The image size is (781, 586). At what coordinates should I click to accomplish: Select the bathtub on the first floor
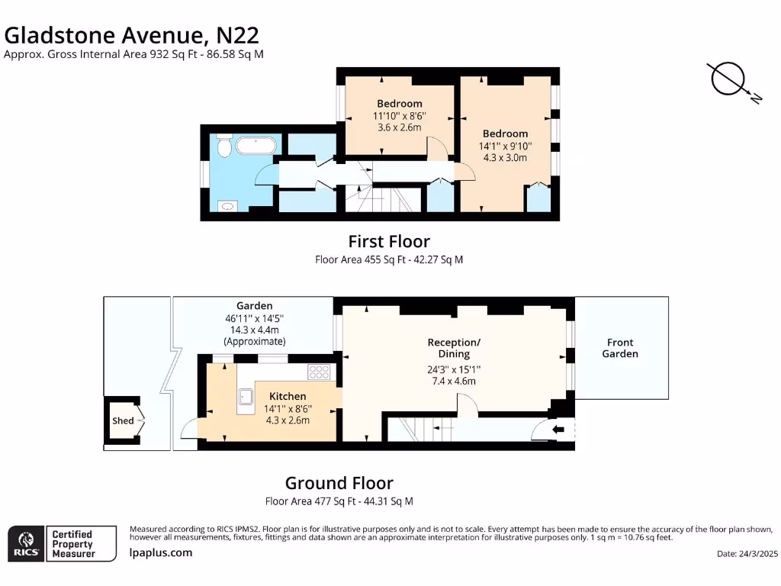[x=256, y=146]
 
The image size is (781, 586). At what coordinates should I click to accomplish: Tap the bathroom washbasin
[x=227, y=206]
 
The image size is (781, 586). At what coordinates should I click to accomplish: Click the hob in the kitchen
[x=319, y=372]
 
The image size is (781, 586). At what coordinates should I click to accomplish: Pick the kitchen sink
[x=246, y=397]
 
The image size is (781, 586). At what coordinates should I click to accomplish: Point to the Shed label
[x=123, y=420]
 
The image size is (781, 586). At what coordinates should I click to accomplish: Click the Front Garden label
[x=620, y=348]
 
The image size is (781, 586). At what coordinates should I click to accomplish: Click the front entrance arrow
[x=558, y=429]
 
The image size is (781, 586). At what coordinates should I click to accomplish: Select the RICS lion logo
[x=27, y=543]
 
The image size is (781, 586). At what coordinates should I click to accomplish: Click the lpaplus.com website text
[x=161, y=552]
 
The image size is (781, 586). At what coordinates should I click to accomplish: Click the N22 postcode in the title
[x=238, y=35]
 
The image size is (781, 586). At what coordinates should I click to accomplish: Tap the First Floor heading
[x=389, y=242]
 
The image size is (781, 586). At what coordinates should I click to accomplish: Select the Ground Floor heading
[x=339, y=483]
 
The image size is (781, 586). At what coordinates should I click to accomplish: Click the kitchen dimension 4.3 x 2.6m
[x=288, y=420]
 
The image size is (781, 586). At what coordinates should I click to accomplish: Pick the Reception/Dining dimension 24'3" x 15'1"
[x=454, y=369]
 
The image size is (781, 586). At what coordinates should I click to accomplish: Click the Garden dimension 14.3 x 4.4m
[x=255, y=330]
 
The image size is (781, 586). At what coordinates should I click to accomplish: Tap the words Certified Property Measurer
[x=73, y=543]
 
